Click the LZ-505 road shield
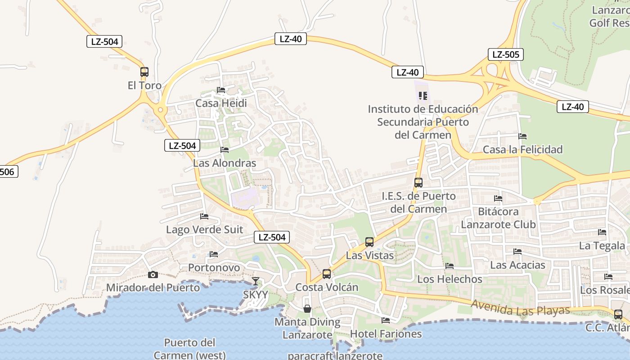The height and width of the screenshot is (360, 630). click(505, 55)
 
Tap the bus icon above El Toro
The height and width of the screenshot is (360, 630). click(144, 72)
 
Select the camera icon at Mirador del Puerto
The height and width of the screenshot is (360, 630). click(153, 274)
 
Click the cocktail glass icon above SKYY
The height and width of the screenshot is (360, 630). click(256, 281)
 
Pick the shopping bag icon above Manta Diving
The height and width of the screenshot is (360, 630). click(307, 309)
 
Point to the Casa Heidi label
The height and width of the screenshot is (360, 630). click(221, 103)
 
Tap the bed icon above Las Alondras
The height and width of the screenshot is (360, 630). click(225, 150)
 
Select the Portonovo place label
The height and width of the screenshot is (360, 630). click(214, 268)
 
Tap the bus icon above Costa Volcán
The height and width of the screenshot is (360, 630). click(327, 274)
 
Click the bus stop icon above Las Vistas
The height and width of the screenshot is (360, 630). click(369, 242)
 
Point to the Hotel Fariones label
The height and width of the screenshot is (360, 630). click(386, 333)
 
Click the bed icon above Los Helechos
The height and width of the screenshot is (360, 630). click(449, 266)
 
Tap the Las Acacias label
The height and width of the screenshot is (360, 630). click(517, 265)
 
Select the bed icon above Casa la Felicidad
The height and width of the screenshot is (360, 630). click(522, 136)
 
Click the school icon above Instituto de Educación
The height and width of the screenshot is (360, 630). click(423, 95)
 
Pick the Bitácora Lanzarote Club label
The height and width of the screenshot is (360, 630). click(498, 218)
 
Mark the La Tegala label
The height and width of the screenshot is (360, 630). click(602, 246)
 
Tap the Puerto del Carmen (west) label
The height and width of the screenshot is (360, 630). click(189, 349)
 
